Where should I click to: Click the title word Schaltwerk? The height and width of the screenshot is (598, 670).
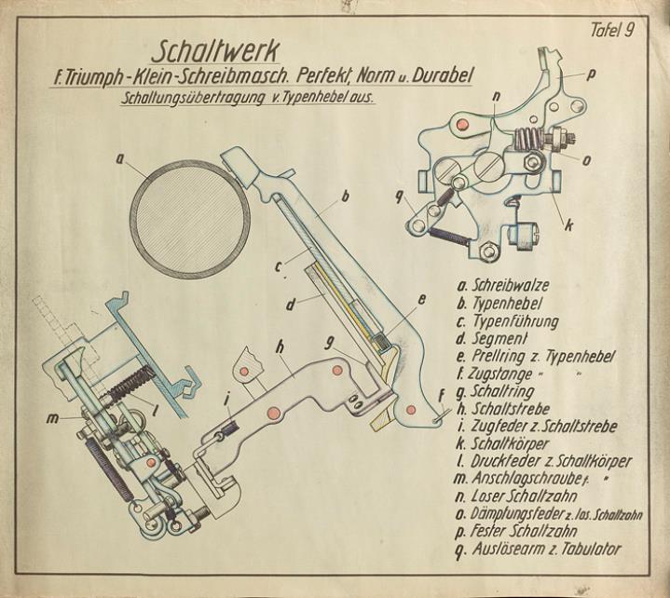(215, 51)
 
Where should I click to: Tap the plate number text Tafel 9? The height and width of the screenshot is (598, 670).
(612, 31)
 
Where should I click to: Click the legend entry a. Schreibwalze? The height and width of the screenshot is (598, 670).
(503, 285)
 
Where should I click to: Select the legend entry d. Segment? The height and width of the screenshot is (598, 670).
(492, 339)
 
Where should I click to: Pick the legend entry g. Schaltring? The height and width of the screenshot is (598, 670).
(496, 392)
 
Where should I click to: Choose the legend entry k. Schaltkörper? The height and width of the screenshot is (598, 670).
(502, 443)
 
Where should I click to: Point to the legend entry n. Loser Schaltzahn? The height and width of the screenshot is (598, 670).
(516, 496)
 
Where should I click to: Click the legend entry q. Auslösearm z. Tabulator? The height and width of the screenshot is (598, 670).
(538, 550)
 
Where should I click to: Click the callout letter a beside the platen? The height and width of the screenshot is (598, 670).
(119, 160)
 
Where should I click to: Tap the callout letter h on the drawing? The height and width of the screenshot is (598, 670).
(280, 347)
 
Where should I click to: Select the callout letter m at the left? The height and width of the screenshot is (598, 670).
(52, 418)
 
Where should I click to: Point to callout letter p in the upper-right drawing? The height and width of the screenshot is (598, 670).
(592, 75)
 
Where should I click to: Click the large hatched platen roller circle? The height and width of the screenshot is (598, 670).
(190, 220)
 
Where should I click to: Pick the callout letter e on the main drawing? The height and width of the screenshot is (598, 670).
(421, 300)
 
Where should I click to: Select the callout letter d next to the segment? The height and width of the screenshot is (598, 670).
(291, 305)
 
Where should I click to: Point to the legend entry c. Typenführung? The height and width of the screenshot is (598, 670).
(507, 321)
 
